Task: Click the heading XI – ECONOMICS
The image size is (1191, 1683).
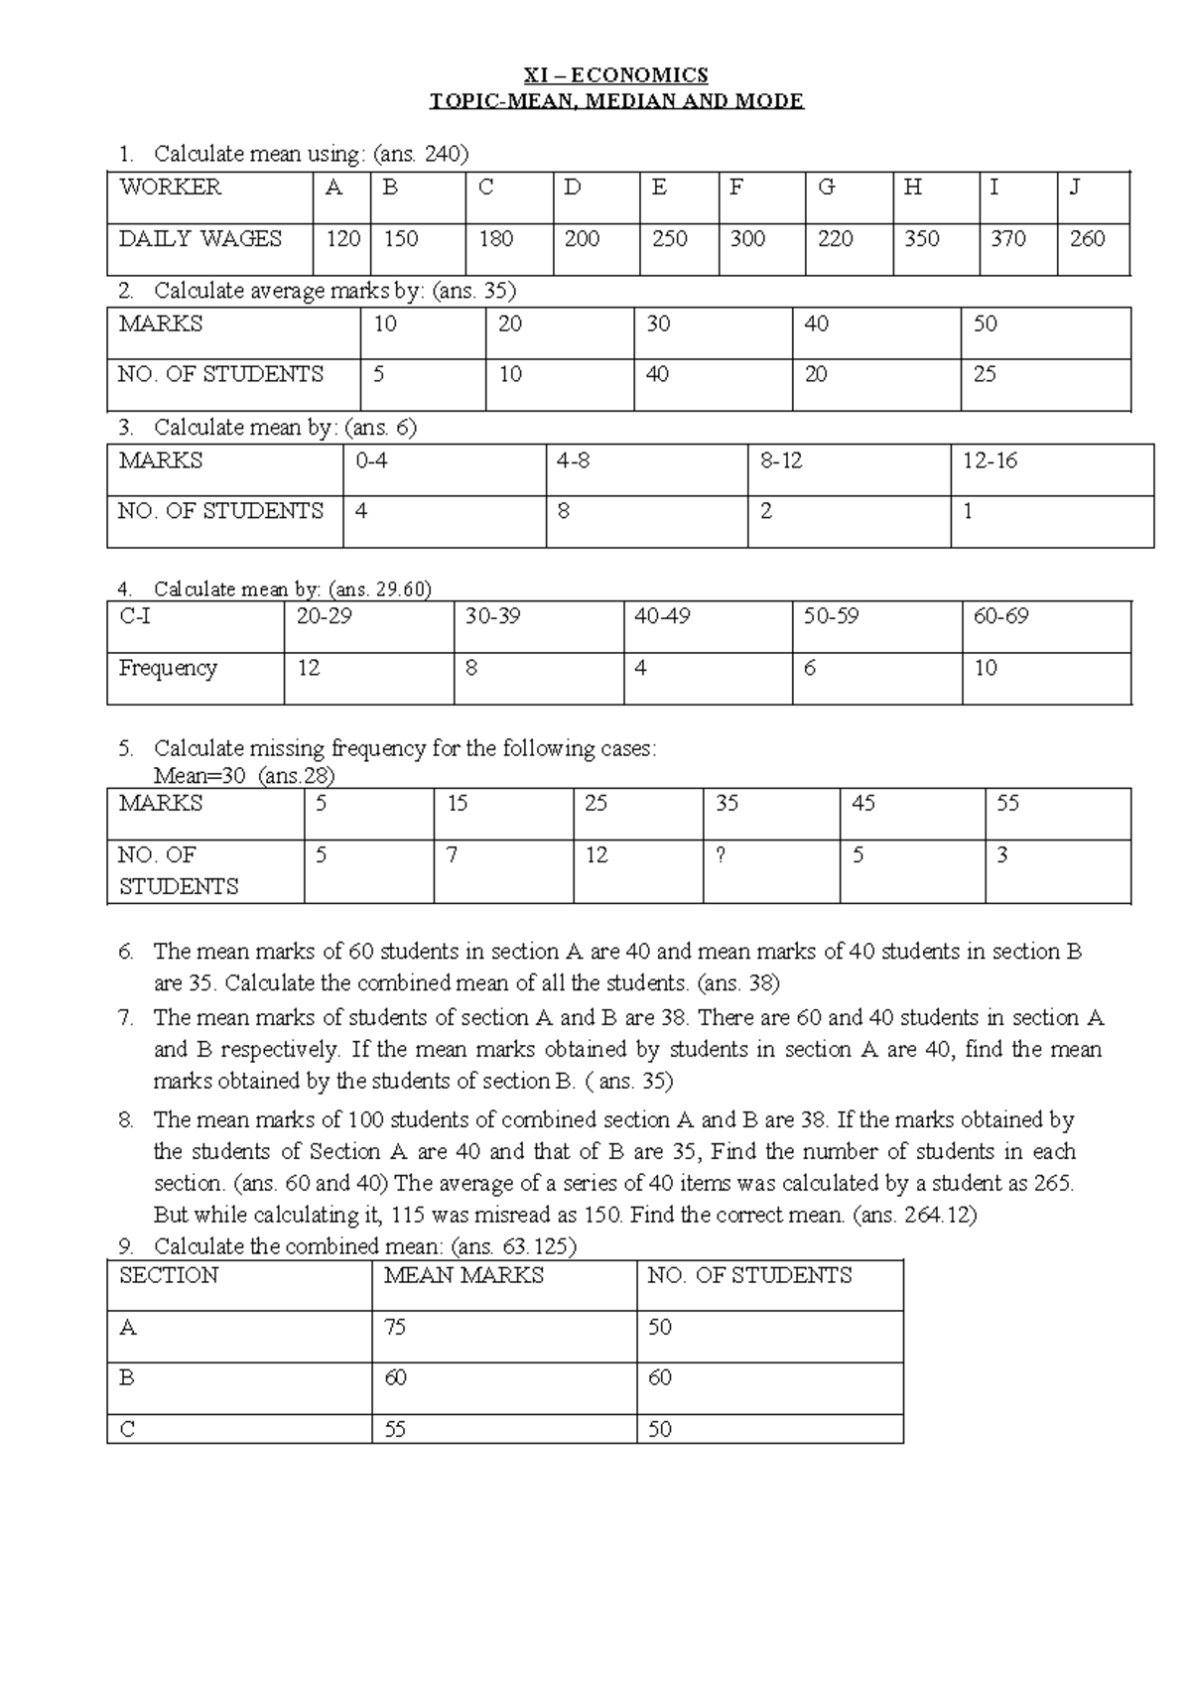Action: [x=615, y=74]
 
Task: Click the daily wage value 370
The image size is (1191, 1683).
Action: [x=1007, y=239]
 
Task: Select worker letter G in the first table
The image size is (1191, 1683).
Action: [x=826, y=188]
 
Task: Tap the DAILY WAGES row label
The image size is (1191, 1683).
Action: [x=200, y=239]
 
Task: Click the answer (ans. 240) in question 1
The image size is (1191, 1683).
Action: [x=420, y=154]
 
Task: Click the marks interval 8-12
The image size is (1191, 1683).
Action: [x=781, y=461]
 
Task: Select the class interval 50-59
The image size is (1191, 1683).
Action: [x=831, y=617]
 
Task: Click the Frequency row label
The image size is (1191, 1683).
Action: [x=167, y=668]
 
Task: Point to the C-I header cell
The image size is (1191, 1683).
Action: [x=135, y=617]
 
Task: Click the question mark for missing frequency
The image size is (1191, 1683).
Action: [x=721, y=855]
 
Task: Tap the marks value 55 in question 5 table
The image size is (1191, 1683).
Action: [x=1007, y=804]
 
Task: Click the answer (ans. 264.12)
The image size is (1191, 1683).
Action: [x=914, y=1215]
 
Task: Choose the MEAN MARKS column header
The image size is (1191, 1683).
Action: [x=463, y=1276]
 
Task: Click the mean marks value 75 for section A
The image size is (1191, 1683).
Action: [x=395, y=1328]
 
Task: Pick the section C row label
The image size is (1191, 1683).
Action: [x=127, y=1430]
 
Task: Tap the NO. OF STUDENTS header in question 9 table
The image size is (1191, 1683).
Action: [x=749, y=1276]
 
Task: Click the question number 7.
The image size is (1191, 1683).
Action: [x=125, y=1018]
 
